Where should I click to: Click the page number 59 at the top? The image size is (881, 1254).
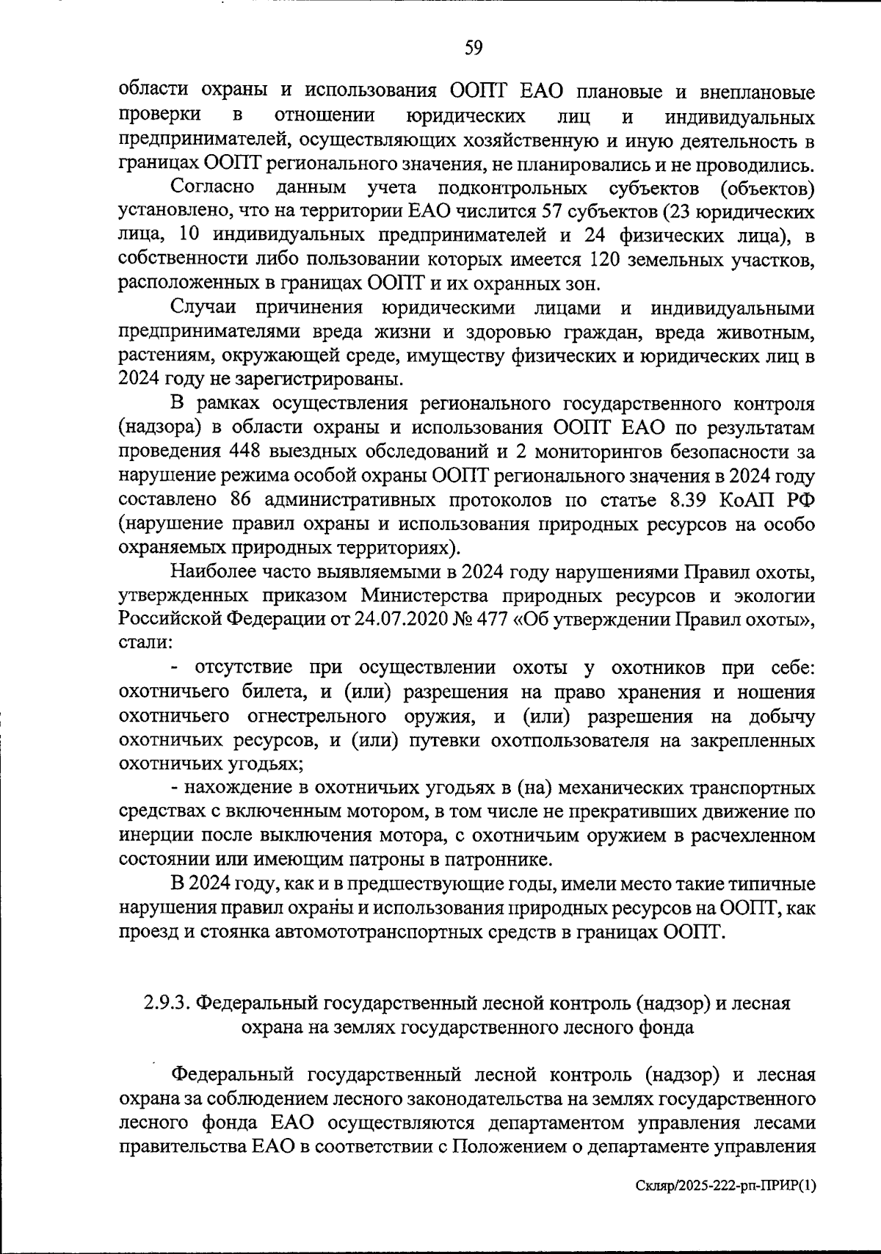tap(474, 48)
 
